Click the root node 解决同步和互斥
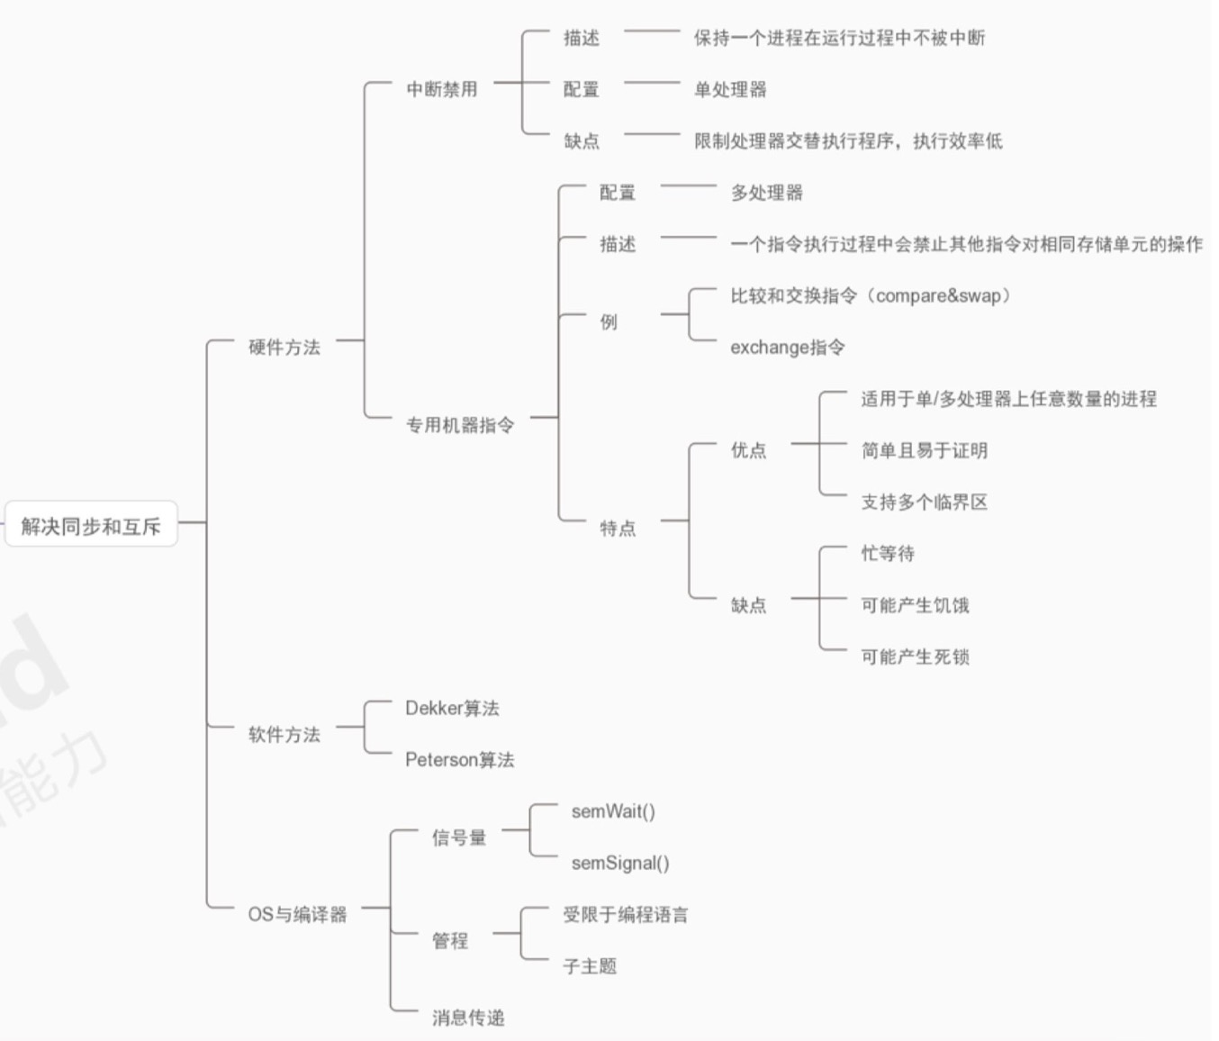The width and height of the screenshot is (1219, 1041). tap(91, 526)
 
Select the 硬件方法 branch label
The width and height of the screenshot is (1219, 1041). tap(284, 348)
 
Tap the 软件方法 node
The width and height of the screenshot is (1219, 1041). tap(284, 735)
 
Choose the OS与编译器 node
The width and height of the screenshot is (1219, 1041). tap(297, 915)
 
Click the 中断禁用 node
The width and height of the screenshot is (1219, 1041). tap(441, 89)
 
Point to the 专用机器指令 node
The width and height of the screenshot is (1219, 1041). tap(460, 425)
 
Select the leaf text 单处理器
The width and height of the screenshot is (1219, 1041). tap(730, 89)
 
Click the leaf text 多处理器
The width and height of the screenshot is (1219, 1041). tap(766, 193)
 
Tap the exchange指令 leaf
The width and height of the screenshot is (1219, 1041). tap(787, 348)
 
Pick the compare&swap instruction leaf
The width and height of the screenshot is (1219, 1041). tap(870, 295)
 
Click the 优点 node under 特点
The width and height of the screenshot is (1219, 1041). tap(748, 450)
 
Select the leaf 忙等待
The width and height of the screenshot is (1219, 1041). tap(888, 554)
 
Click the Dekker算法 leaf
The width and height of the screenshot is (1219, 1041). tap(452, 709)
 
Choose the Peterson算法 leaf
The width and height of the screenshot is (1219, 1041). tap(459, 760)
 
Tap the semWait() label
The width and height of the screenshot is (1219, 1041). tap(613, 811)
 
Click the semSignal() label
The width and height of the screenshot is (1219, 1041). tap(620, 864)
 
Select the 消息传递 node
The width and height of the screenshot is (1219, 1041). tap(468, 1018)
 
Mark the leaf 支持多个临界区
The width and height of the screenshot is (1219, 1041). tap(924, 502)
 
